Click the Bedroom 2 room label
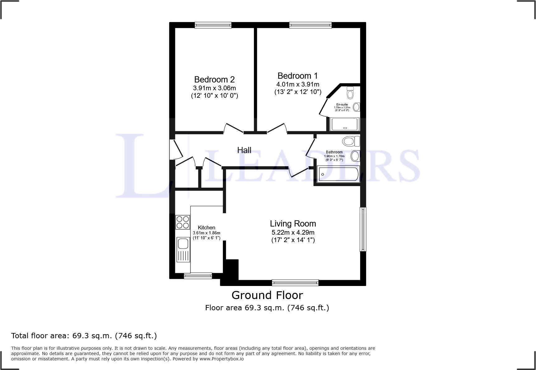click(214, 80)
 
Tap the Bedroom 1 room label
click(298, 76)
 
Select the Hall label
click(244, 150)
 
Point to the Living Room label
click(293, 224)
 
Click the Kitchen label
click(206, 228)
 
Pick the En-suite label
click(342, 105)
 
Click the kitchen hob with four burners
click(183, 222)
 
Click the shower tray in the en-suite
click(345, 124)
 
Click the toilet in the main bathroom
click(350, 141)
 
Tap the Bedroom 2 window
click(213, 25)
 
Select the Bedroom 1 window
click(310, 25)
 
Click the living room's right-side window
click(363, 229)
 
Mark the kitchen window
click(198, 275)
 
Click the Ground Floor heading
click(267, 295)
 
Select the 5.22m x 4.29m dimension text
click(293, 232)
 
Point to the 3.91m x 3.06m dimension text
click(214, 88)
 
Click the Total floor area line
click(84, 336)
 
